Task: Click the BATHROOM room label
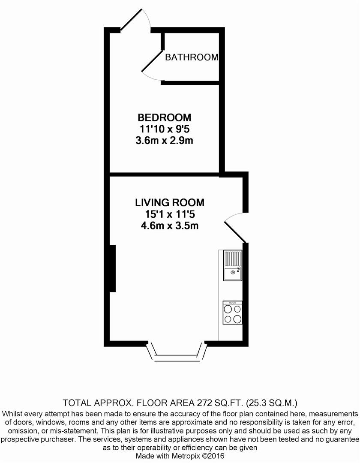[192, 57]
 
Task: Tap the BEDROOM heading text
[164, 117]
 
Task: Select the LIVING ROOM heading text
[170, 202]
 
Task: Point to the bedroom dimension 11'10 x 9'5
[164, 129]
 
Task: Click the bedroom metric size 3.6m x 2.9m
[164, 141]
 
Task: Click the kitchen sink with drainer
[232, 266]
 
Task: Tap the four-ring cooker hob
[232, 313]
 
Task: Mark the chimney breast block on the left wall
[112, 268]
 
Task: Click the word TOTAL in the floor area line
[78, 403]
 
